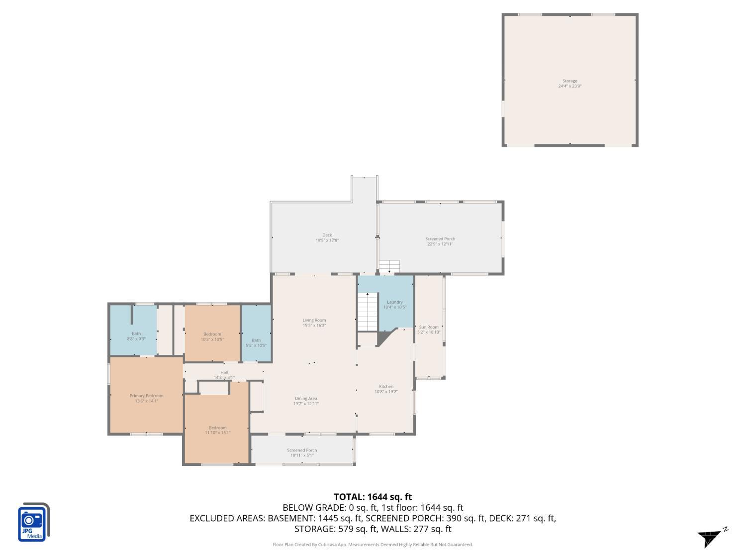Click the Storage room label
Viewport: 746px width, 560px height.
click(x=569, y=83)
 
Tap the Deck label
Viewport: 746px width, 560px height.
click(x=327, y=237)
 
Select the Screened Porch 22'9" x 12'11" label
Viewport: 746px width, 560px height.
click(x=440, y=241)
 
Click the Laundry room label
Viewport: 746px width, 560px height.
click(x=394, y=304)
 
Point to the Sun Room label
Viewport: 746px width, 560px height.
click(x=428, y=330)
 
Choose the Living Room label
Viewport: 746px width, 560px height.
click(x=314, y=323)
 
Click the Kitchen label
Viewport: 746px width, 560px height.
click(x=386, y=389)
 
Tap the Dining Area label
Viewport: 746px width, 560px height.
click(x=306, y=401)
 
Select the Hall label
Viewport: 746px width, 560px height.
click(x=224, y=374)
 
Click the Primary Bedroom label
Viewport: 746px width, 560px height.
click(x=146, y=398)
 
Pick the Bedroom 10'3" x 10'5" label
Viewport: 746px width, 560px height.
click(x=212, y=336)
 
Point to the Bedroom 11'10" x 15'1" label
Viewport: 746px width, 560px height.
click(x=217, y=430)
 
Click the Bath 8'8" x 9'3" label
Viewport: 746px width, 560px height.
click(x=136, y=336)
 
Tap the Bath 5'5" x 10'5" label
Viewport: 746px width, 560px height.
click(x=256, y=342)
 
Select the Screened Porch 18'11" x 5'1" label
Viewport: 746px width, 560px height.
click(x=302, y=452)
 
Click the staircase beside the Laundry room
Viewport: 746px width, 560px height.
click(x=368, y=312)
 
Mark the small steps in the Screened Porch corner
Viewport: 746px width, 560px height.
click(x=389, y=266)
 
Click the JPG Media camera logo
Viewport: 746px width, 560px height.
click(x=33, y=522)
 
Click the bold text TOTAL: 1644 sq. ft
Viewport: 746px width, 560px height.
click(x=373, y=496)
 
